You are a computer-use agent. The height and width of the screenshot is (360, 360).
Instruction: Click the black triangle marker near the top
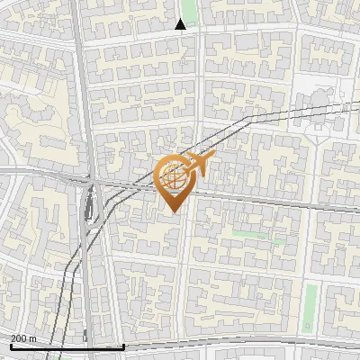coord(181,23)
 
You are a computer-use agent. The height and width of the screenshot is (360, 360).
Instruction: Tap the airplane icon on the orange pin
coord(197,165)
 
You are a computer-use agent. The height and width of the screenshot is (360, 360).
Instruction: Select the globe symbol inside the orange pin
coord(174,179)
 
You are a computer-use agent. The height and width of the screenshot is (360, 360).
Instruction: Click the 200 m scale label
coord(23,338)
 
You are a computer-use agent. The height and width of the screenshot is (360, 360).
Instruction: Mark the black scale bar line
coord(67,346)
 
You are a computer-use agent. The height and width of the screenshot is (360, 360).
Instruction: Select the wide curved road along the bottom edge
coord(234,343)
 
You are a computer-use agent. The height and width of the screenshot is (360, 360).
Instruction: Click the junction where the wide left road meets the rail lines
coord(93,184)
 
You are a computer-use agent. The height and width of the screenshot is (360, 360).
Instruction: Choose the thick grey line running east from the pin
coord(270,197)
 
